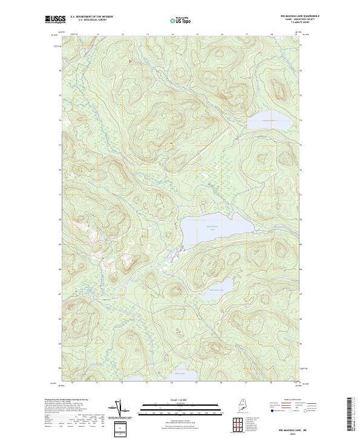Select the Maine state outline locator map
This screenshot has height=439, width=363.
(x=248, y=406)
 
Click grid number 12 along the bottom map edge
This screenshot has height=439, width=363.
(x=122, y=383)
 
